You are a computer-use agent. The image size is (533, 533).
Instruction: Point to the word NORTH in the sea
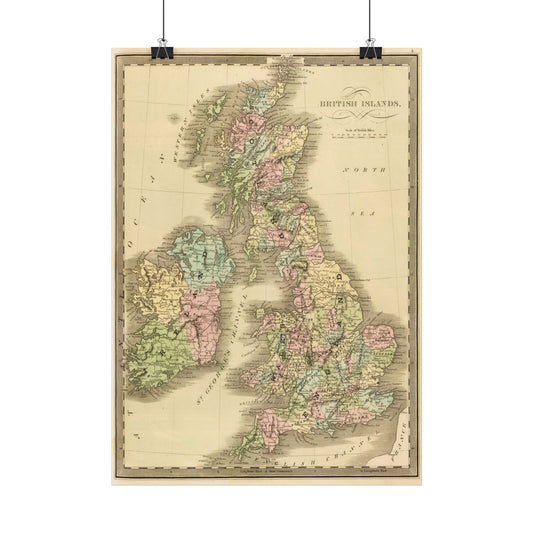[x=361, y=173]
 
